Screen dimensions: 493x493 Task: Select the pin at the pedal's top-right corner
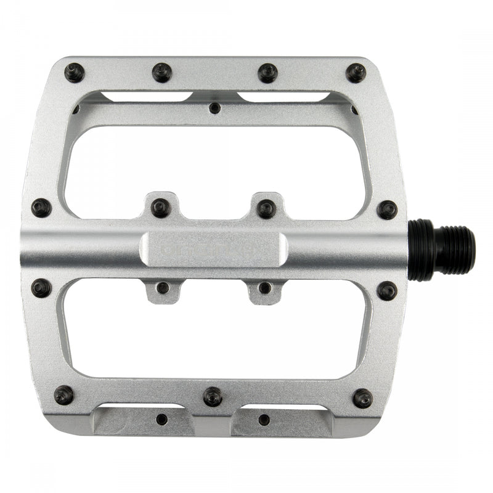(356, 73)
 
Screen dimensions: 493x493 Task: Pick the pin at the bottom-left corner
(64, 394)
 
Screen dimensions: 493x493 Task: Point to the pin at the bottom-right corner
(363, 398)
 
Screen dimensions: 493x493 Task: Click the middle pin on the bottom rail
(213, 396)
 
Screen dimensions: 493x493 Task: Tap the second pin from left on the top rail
(162, 73)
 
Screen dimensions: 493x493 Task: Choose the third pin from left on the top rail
(268, 73)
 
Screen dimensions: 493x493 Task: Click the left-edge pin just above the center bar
(41, 208)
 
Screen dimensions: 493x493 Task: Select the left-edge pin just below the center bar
(41, 287)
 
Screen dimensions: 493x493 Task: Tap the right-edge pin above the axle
(388, 210)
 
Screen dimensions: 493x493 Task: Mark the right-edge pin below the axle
(388, 290)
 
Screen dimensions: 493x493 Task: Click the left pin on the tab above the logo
(160, 208)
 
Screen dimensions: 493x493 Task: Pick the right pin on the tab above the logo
(266, 208)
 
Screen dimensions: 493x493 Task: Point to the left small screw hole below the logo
(163, 288)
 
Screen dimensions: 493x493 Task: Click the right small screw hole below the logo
(265, 288)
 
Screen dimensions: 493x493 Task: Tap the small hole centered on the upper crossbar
(214, 108)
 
